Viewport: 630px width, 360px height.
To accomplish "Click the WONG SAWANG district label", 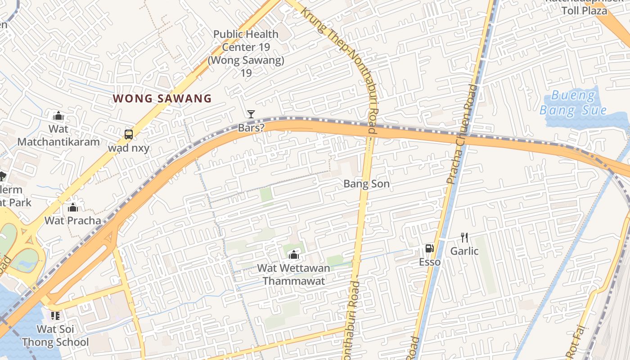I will point(162,99).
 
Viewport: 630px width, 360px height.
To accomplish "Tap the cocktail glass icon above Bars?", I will point(251,114).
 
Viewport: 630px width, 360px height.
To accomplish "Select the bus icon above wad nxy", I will point(128,134).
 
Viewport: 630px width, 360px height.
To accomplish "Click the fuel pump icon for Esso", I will point(430,248).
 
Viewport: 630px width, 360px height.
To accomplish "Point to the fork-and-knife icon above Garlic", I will point(464,237).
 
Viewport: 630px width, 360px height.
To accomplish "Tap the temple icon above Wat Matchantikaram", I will point(58,116).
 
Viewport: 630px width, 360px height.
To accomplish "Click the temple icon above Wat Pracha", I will point(72,207).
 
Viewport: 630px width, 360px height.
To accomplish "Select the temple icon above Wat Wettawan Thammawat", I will point(293,255).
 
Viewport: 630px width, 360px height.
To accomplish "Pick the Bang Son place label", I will point(366,184).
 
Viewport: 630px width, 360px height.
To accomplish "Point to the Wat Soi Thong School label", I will point(56,336).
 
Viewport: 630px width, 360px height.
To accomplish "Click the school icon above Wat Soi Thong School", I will point(55,316).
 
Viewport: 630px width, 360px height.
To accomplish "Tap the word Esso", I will point(430,262).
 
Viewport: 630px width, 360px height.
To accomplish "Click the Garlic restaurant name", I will point(464,251).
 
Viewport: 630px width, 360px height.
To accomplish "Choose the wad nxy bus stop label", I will point(128,148).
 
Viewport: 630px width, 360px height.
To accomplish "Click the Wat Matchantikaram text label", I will point(58,135).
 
